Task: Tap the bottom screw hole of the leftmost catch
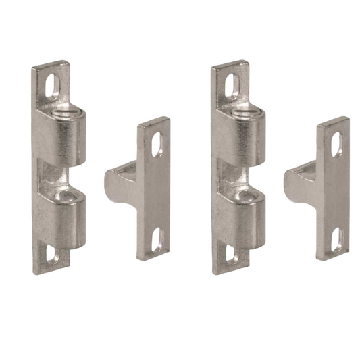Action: pos(53,255)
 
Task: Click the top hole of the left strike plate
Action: pos(157,145)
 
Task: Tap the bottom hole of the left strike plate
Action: pos(158,239)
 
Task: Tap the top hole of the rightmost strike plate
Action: pos(336,145)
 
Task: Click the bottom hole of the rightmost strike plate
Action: pos(337,239)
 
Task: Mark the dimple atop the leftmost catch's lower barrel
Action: pos(68,195)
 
